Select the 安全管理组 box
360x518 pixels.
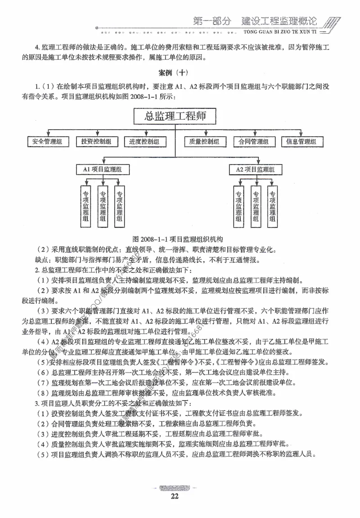(47, 142)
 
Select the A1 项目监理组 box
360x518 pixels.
(103, 170)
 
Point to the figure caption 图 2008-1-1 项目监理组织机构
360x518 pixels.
(175, 239)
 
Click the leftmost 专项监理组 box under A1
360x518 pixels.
(85, 205)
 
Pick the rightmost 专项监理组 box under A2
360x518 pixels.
(272, 205)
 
